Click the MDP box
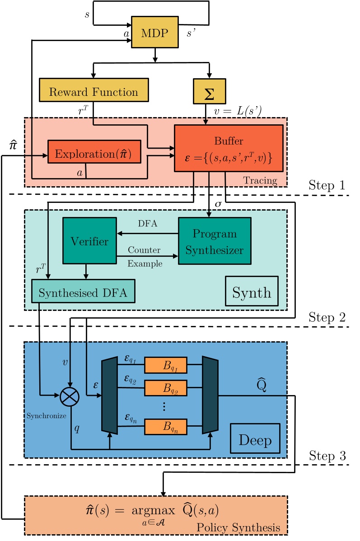pos(154,32)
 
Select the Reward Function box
pos(94,92)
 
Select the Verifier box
pos(89,241)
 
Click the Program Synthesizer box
pos(215,241)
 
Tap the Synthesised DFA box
pos(83,293)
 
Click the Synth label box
pos(252,292)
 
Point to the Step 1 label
pos(327,185)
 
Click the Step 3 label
pos(327,456)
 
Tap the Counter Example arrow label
pos(145,257)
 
